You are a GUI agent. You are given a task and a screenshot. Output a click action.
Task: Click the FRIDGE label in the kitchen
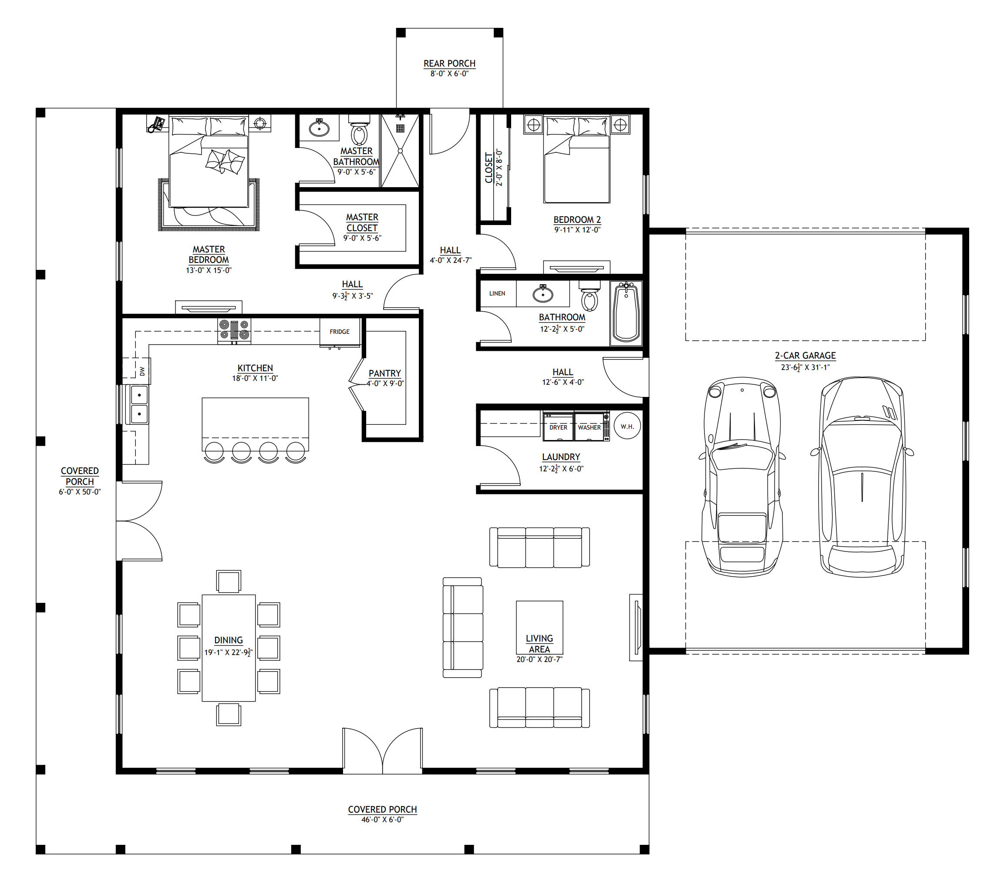click(340, 332)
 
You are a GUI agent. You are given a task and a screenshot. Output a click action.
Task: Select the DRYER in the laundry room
click(558, 427)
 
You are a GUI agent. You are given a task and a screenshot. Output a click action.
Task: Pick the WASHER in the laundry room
click(590, 427)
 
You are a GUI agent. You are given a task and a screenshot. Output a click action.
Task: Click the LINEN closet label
click(497, 294)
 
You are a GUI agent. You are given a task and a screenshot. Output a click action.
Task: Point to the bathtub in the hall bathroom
click(626, 313)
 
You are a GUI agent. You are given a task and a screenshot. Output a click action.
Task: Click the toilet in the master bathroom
click(359, 130)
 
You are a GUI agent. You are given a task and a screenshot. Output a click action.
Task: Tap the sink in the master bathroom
click(319, 128)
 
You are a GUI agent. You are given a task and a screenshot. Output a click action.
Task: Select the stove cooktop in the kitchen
click(234, 330)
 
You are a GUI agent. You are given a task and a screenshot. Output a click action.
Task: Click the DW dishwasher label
click(142, 371)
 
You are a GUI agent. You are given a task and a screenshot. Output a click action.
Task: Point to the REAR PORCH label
click(449, 64)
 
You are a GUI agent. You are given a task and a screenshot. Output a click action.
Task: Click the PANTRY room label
click(384, 373)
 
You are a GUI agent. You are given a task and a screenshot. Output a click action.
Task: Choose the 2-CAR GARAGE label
click(805, 356)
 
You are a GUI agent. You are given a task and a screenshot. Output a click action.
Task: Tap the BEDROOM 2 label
click(577, 219)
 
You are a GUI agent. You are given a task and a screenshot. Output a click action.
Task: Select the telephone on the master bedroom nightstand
click(157, 124)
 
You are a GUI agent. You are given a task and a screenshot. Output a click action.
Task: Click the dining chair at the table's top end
click(229, 582)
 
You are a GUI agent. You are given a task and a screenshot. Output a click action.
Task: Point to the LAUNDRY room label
click(561, 457)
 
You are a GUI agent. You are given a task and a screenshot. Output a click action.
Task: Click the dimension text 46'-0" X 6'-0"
click(382, 820)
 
